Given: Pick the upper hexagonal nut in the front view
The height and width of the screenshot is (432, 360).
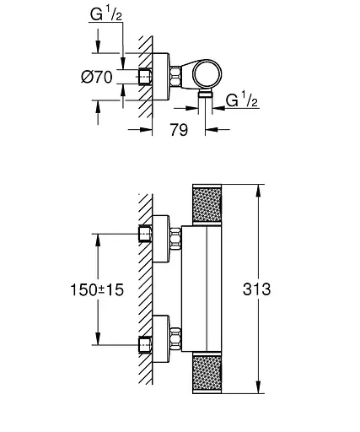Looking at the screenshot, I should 177,239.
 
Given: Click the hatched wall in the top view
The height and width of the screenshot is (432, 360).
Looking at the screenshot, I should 144,76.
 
